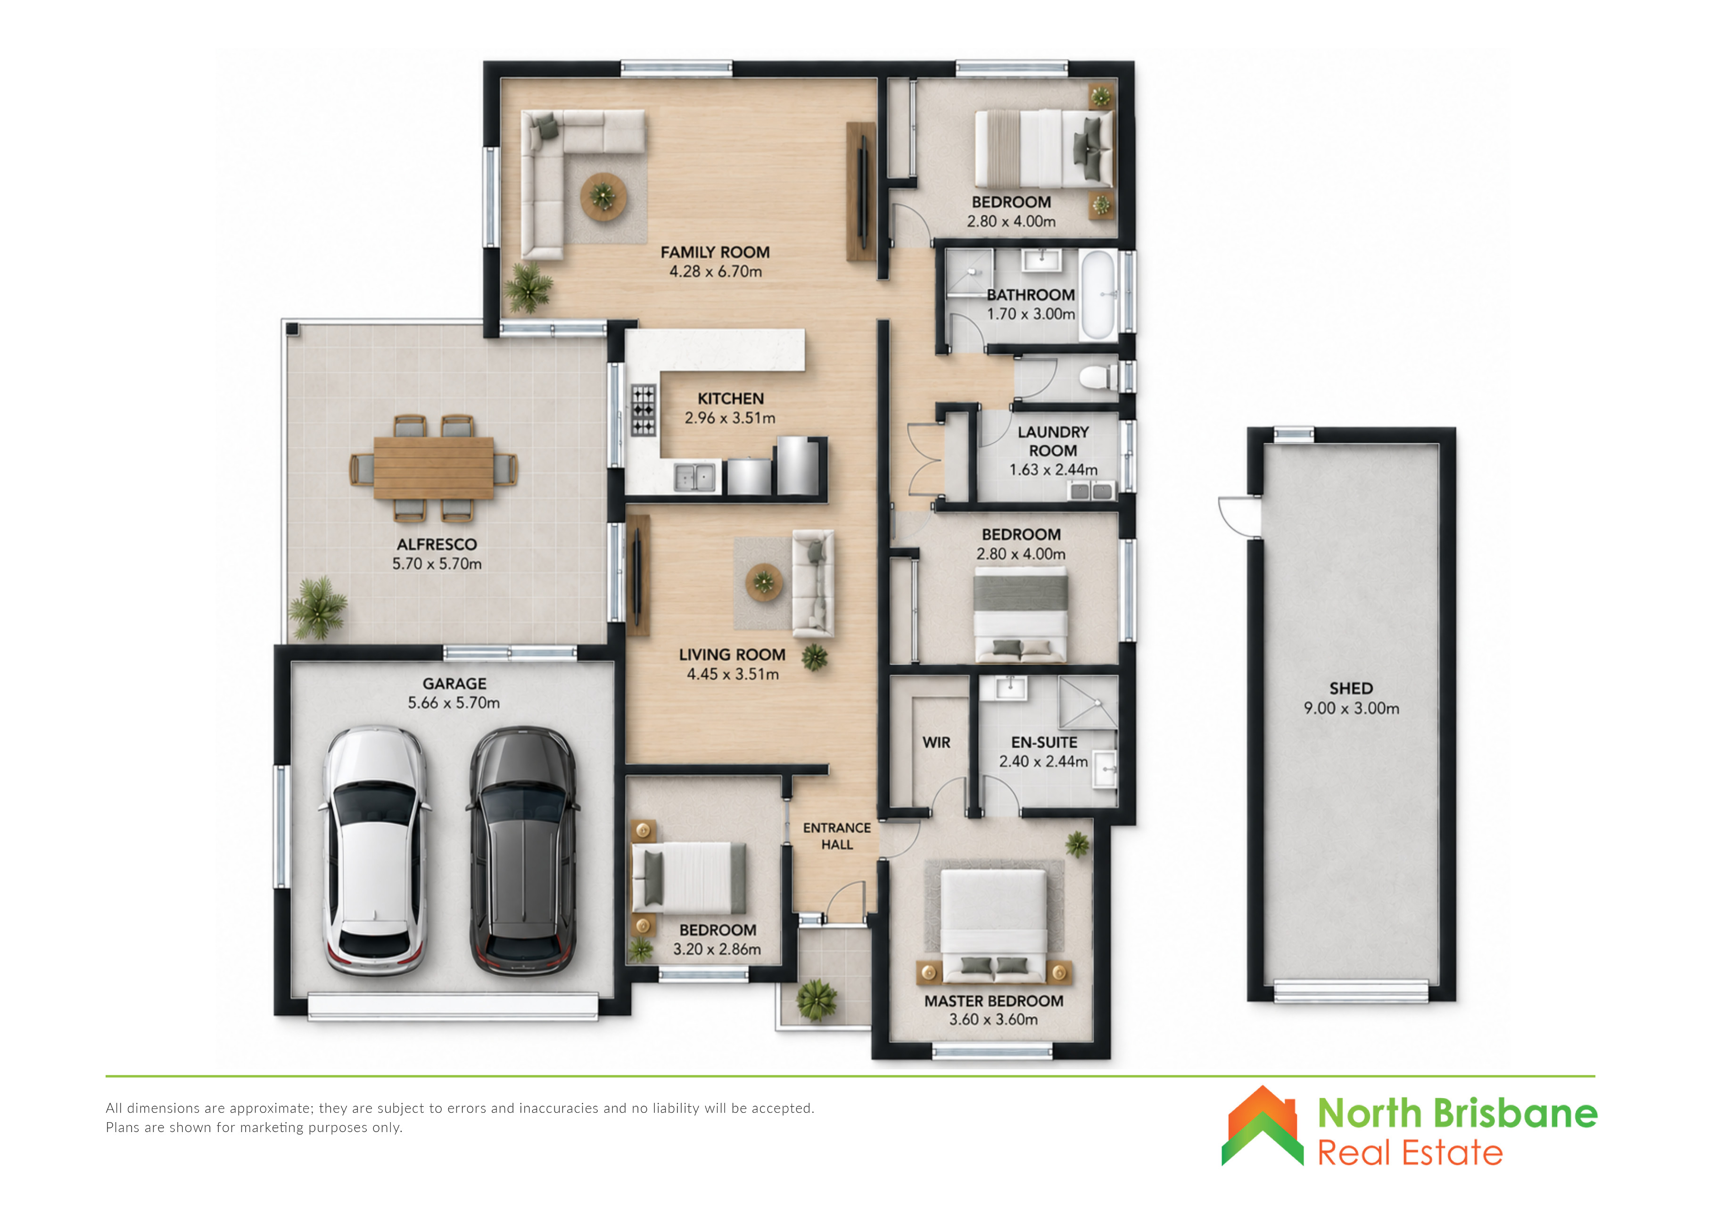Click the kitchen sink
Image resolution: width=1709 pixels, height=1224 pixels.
pyautogui.click(x=694, y=477)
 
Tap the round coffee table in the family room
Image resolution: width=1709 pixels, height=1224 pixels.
pyautogui.click(x=603, y=197)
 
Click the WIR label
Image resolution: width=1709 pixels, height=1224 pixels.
pyautogui.click(x=937, y=743)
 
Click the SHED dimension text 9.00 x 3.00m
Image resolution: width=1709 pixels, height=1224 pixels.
pyautogui.click(x=1351, y=709)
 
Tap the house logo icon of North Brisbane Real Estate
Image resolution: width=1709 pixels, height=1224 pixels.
pyautogui.click(x=1262, y=1125)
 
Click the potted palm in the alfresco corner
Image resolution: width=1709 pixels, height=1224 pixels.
pyautogui.click(x=318, y=607)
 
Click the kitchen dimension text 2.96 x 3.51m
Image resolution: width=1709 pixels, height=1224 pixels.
pyautogui.click(x=729, y=418)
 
